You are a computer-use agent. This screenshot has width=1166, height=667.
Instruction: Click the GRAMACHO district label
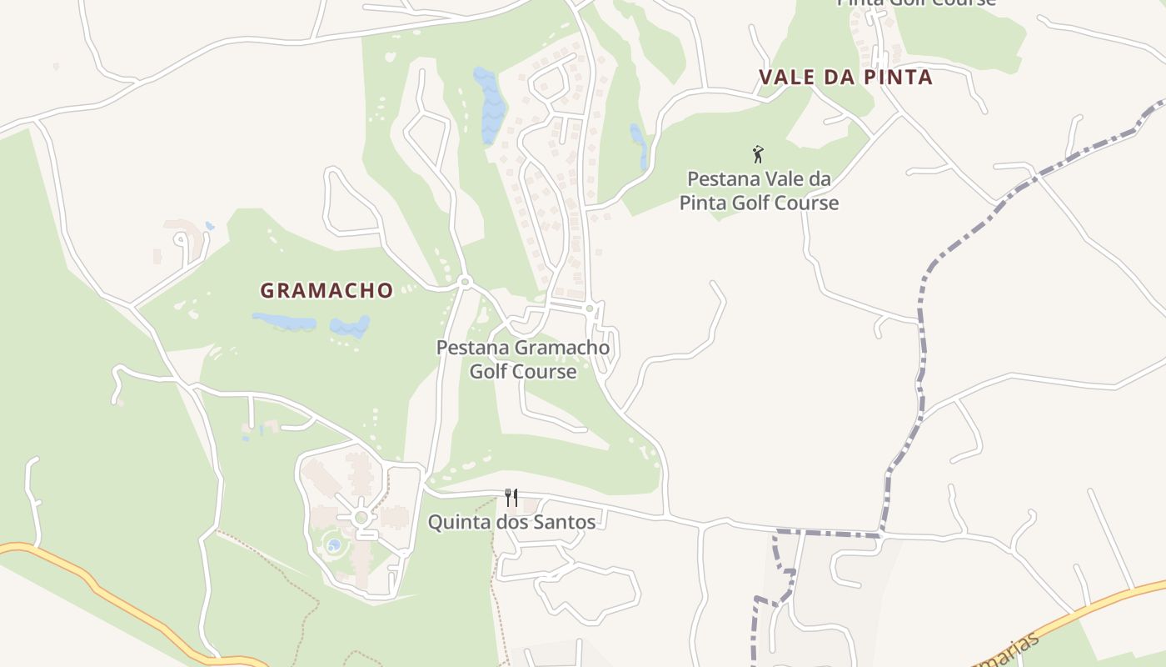tap(326, 290)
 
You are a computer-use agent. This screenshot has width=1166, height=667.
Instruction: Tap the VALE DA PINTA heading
tap(845, 78)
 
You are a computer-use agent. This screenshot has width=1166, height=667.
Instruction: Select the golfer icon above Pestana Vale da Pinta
tap(758, 154)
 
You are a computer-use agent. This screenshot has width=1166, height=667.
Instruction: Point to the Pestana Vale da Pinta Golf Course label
tap(759, 191)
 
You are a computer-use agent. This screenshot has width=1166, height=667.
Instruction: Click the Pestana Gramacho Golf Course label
tap(523, 359)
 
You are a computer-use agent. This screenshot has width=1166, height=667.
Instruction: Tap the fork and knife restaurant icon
tap(511, 498)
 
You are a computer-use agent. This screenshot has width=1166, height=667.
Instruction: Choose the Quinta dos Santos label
tap(511, 523)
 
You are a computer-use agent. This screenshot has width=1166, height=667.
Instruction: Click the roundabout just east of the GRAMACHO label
tap(465, 283)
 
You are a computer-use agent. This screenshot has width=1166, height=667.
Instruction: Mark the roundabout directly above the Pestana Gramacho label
tap(589, 308)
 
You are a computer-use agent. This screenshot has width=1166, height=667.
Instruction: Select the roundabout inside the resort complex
tap(361, 518)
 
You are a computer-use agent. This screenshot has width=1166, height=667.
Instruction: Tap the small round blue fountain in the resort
tap(334, 545)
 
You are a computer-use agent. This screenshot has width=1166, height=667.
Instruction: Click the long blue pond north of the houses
tap(490, 104)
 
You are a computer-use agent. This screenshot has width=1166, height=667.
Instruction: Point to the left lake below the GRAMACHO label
tap(284, 321)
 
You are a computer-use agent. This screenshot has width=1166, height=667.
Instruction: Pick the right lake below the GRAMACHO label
tap(350, 326)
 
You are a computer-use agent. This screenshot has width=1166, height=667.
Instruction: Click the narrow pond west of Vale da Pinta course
tap(640, 146)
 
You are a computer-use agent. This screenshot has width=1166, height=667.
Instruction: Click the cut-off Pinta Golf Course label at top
tap(916, 3)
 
